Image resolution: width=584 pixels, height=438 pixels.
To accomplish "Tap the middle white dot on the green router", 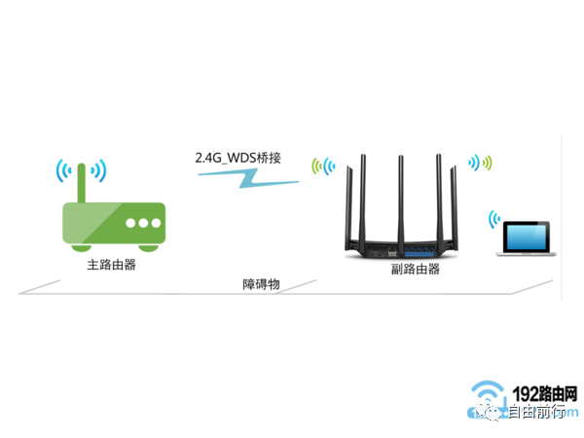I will pos(142,223).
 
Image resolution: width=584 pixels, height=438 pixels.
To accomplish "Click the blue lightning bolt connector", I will pos(238,178).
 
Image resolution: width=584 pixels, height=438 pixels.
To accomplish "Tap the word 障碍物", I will pos(262,284).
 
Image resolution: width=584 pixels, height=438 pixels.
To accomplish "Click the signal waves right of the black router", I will pos(481,162).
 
